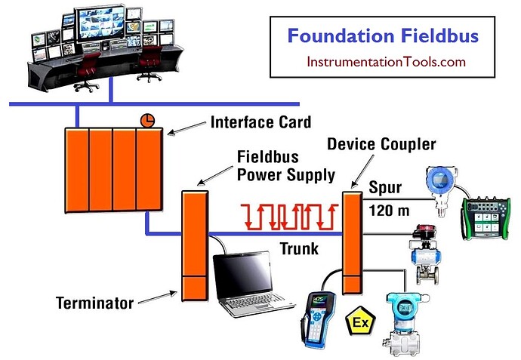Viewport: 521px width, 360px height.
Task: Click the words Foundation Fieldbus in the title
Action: pos(383,35)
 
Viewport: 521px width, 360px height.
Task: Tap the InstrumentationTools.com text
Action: pos(386,62)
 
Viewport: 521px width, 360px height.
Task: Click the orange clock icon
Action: pos(147,120)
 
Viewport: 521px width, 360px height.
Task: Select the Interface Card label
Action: pos(260,122)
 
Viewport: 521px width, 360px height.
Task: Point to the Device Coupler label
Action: pos(381,144)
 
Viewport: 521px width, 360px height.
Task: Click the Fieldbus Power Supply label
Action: pos(286,166)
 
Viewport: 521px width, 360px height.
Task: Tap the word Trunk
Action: pos(299,248)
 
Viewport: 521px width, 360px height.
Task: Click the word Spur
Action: pos(385,188)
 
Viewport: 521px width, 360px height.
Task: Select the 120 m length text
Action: pos(389,211)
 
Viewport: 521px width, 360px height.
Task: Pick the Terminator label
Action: pos(94,303)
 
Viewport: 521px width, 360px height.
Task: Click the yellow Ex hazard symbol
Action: pos(360,321)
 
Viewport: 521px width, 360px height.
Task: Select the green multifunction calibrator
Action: pos(486,218)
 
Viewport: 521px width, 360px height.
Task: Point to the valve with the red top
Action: pos(426,254)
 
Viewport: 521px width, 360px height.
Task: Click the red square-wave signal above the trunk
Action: pos(289,217)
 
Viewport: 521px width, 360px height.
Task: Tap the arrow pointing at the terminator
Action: pos(158,297)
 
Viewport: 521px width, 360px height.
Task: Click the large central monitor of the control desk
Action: pos(100,23)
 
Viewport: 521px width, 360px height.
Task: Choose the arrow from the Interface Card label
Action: pos(187,128)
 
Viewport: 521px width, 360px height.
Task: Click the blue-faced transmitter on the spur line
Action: pos(441,191)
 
